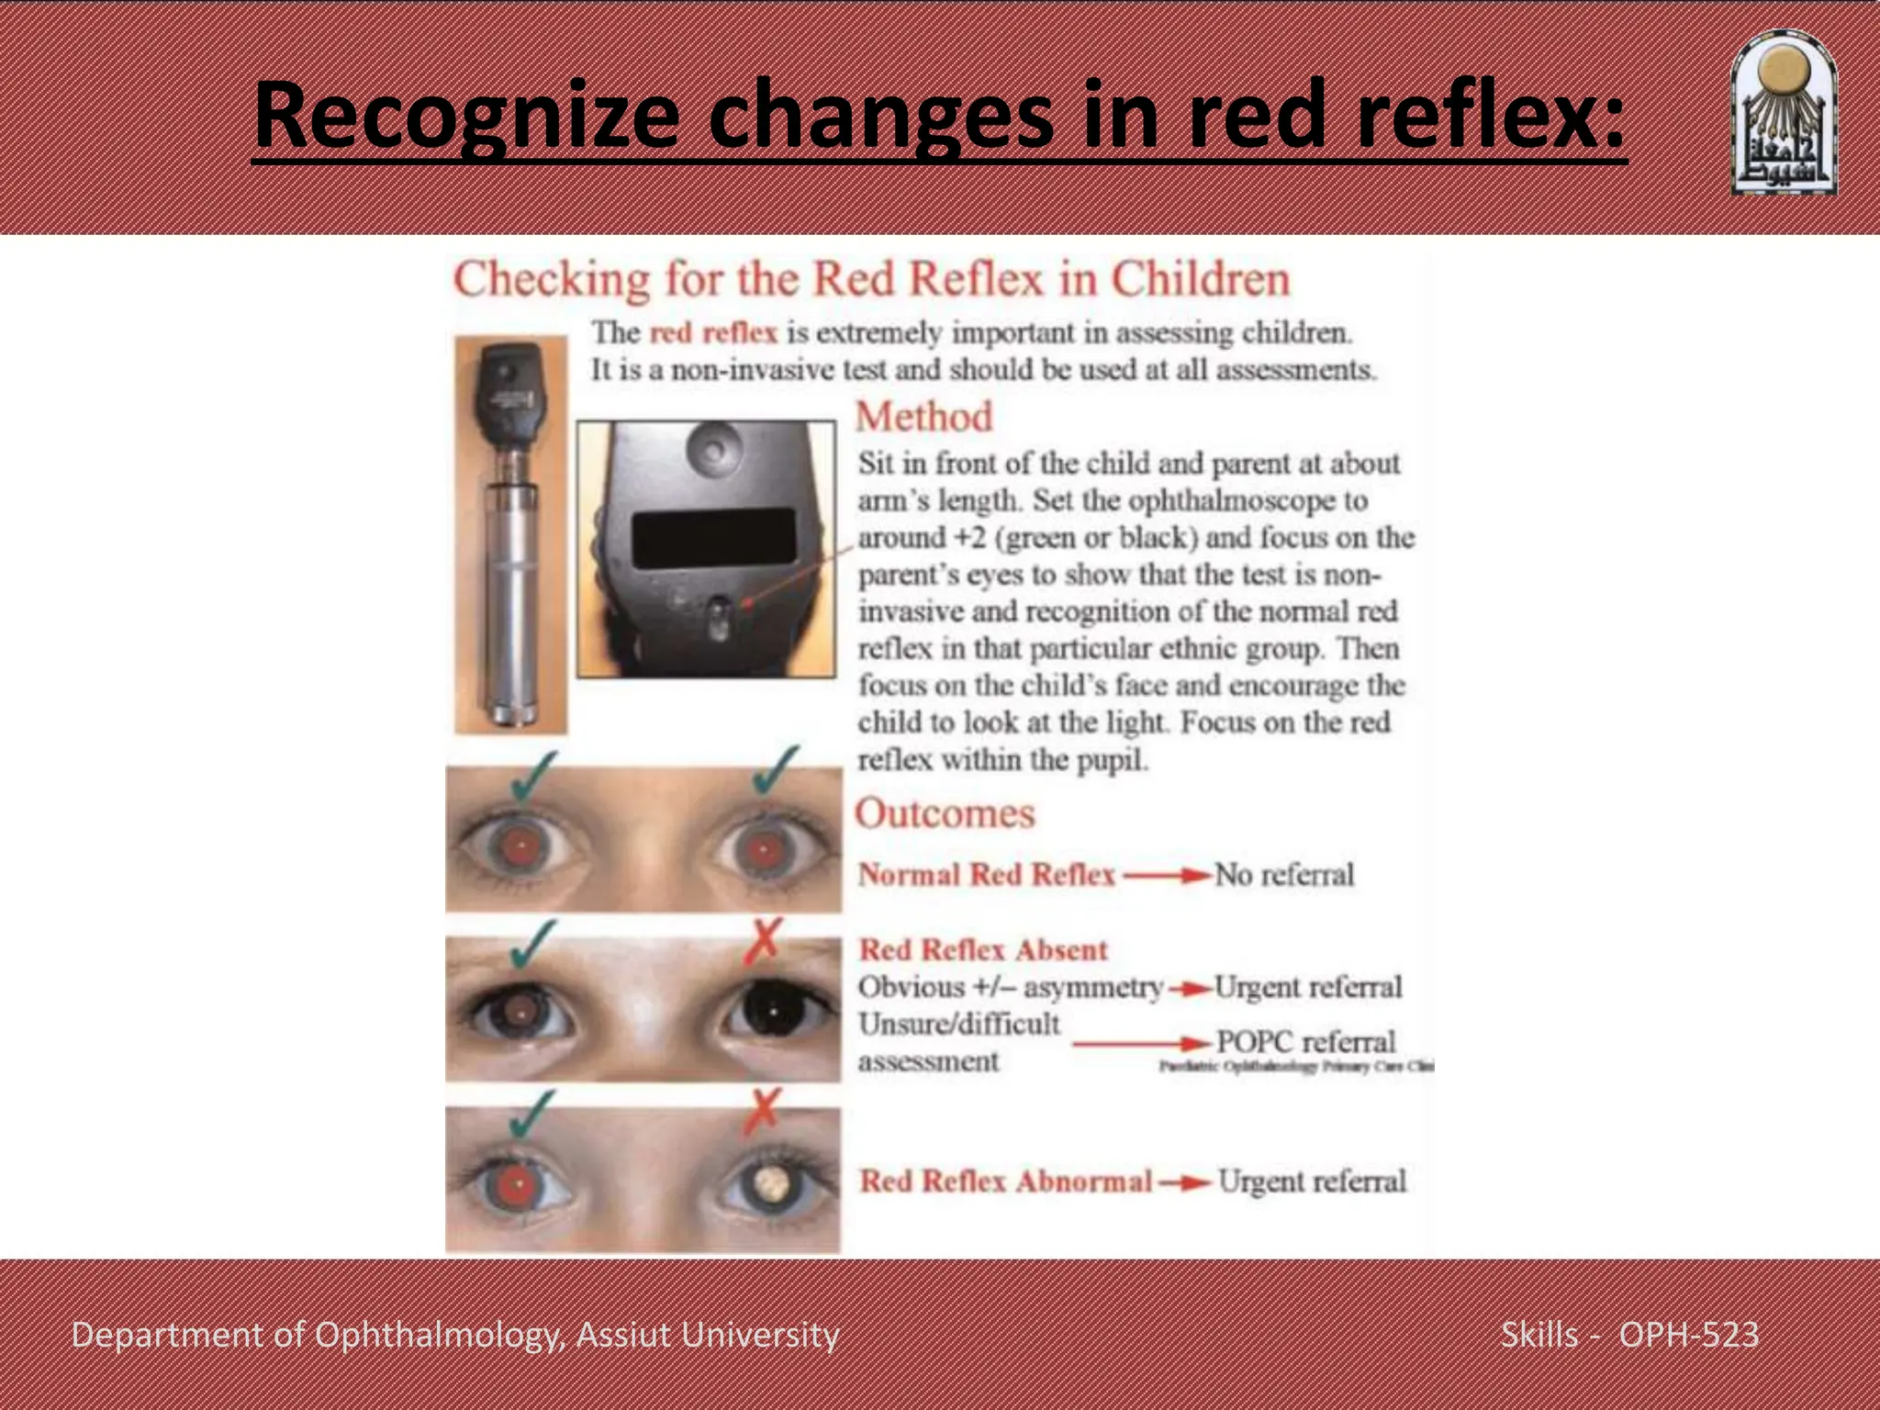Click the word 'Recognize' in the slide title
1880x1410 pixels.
(466, 116)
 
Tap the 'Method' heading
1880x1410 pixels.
(923, 417)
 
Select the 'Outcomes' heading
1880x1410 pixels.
(945, 813)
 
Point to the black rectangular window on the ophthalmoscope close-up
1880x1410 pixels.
(713, 537)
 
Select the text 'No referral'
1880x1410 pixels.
(1283, 875)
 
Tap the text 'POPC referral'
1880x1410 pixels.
(1305, 1042)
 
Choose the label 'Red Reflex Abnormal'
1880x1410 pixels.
(1005, 1181)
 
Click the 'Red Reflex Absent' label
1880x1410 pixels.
(983, 950)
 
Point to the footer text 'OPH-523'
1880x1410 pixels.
(1688, 1335)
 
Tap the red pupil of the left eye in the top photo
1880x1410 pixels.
(520, 846)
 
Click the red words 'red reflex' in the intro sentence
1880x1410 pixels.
(713, 332)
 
